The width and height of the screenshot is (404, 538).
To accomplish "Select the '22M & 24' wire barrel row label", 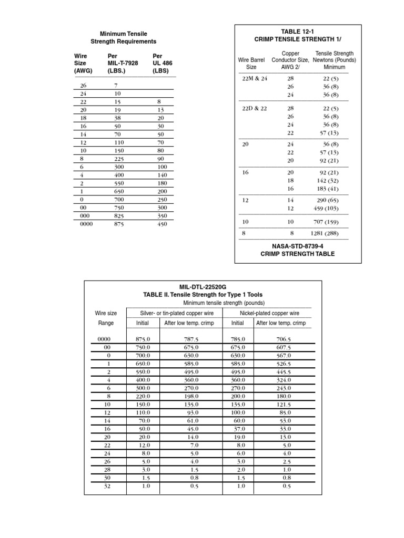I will pyautogui.click(x=251, y=78).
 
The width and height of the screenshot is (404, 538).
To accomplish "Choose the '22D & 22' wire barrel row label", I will pyautogui.click(x=251, y=108).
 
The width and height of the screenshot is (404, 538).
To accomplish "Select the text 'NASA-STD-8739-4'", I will pyautogui.click(x=298, y=245).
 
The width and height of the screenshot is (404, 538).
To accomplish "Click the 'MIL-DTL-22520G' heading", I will pyautogui.click(x=203, y=286).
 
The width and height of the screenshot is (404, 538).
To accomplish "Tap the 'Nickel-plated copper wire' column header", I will pyautogui.click(x=269, y=313).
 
